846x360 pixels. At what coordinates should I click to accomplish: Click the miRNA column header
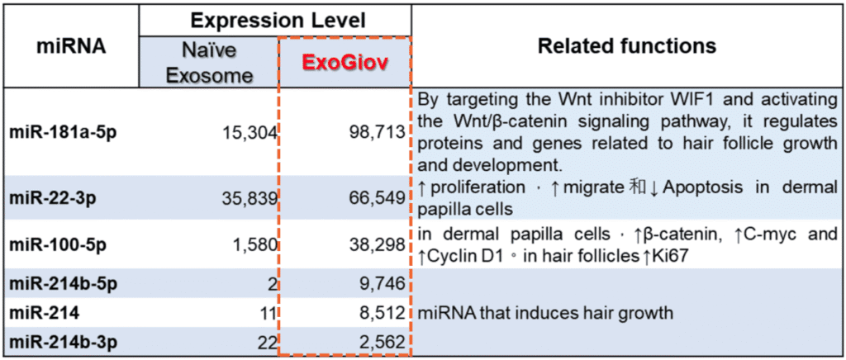(71, 47)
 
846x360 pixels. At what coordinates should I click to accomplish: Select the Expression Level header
(279, 21)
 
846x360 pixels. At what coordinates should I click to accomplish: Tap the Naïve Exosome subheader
(209, 63)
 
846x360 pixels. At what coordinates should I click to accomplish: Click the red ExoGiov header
(345, 63)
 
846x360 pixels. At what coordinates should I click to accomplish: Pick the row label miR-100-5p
(58, 244)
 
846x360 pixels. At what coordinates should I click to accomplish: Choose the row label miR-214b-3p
(63, 341)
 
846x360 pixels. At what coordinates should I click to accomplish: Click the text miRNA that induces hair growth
(545, 313)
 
